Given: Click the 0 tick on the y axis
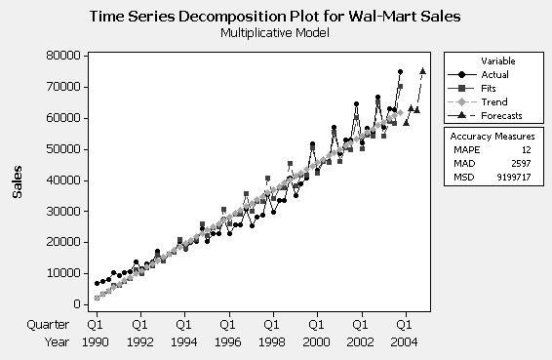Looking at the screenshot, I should click(75, 303).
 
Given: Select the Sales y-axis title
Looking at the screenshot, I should click(17, 180).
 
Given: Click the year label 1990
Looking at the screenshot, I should click(96, 342).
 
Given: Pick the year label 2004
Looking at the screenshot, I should click(403, 342).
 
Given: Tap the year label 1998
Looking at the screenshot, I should click(271, 342).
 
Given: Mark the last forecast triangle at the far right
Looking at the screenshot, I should click(422, 70).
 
